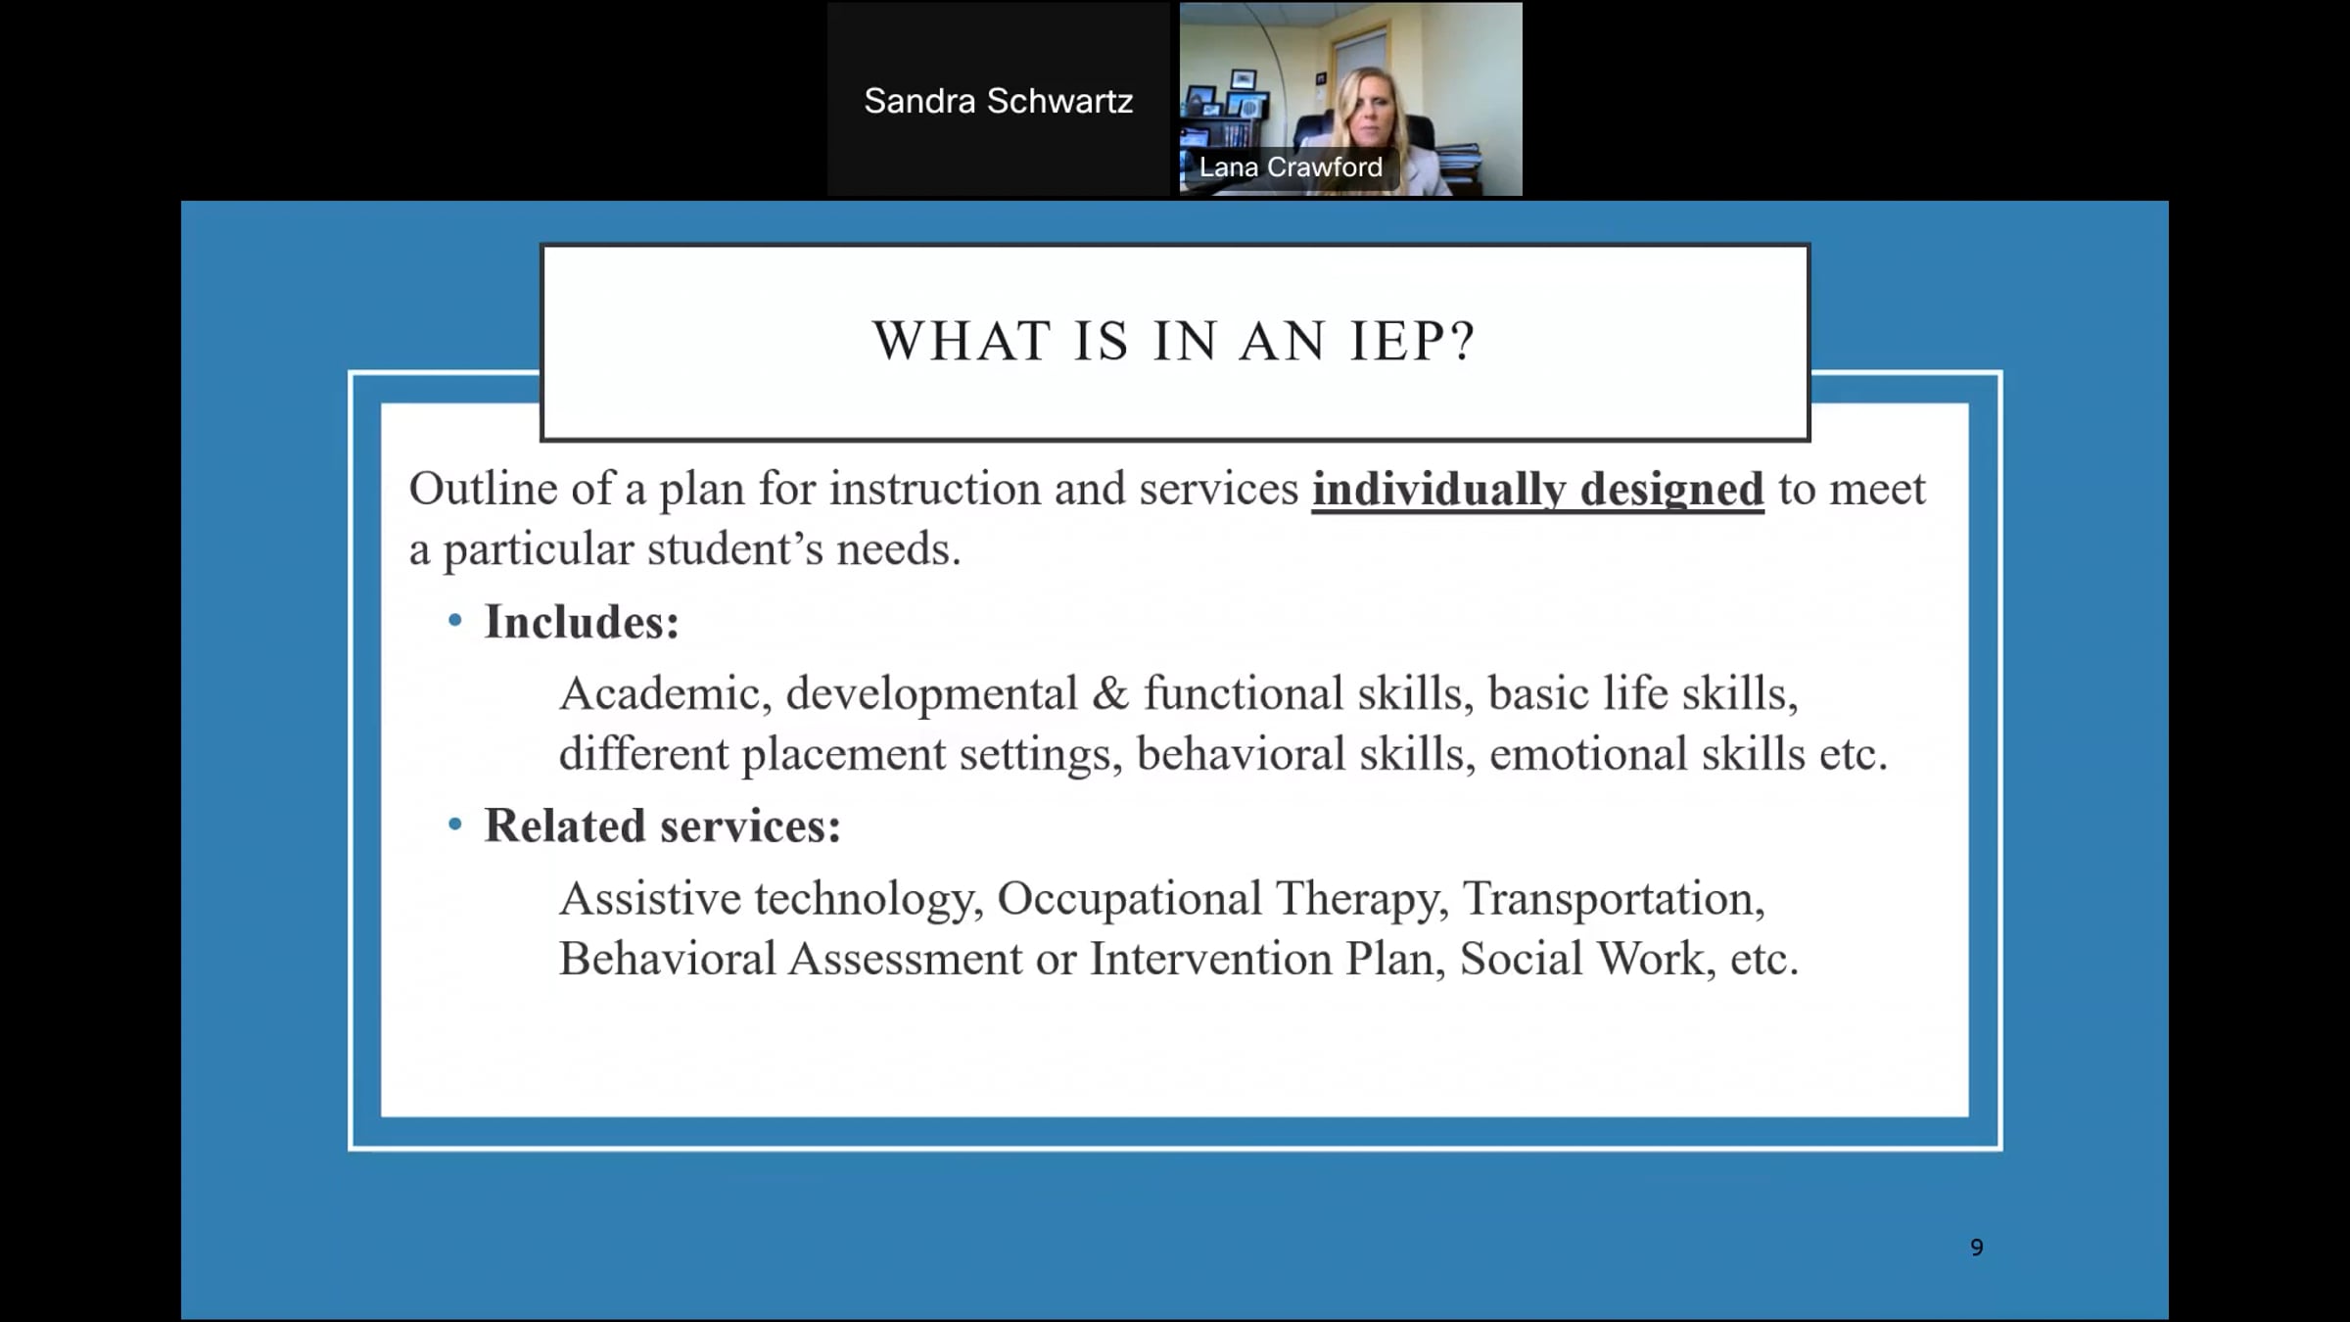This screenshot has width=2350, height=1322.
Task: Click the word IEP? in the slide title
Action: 1412,341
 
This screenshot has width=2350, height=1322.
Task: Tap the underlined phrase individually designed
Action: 1537,490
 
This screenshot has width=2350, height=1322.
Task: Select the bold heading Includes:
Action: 582,622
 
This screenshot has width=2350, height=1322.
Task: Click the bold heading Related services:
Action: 663,826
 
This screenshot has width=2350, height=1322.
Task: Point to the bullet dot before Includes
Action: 454,620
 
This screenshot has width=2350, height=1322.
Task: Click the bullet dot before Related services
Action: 454,825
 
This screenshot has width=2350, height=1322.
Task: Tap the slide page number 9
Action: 1977,1247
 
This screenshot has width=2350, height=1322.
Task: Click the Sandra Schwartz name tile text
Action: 998,101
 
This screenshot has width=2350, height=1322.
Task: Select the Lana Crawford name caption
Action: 1291,167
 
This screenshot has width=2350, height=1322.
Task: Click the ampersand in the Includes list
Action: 1110,693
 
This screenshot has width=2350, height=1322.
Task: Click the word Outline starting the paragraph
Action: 483,489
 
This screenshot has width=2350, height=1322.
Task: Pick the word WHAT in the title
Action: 963,341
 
